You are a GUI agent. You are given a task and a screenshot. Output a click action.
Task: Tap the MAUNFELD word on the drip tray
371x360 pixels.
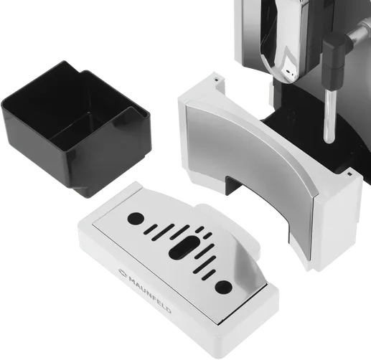(x=150, y=295)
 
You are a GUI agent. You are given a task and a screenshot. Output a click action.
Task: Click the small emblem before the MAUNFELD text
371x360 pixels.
(x=123, y=273)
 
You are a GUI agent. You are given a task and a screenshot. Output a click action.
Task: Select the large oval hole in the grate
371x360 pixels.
(x=184, y=247)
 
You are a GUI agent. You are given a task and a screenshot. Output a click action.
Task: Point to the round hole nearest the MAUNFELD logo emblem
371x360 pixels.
(x=136, y=218)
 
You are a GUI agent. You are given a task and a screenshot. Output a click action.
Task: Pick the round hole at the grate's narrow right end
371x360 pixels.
(x=223, y=287)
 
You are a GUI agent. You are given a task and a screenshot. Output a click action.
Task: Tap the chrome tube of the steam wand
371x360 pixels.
(x=329, y=117)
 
